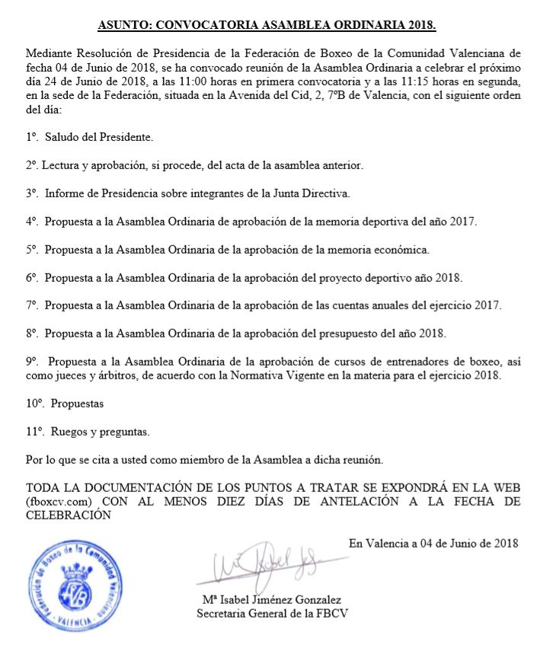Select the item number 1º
[31, 138]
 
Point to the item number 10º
[34, 404]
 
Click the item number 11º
[34, 432]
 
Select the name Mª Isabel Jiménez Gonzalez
[272, 600]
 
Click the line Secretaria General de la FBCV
[272, 613]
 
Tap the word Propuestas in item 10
[77, 404]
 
